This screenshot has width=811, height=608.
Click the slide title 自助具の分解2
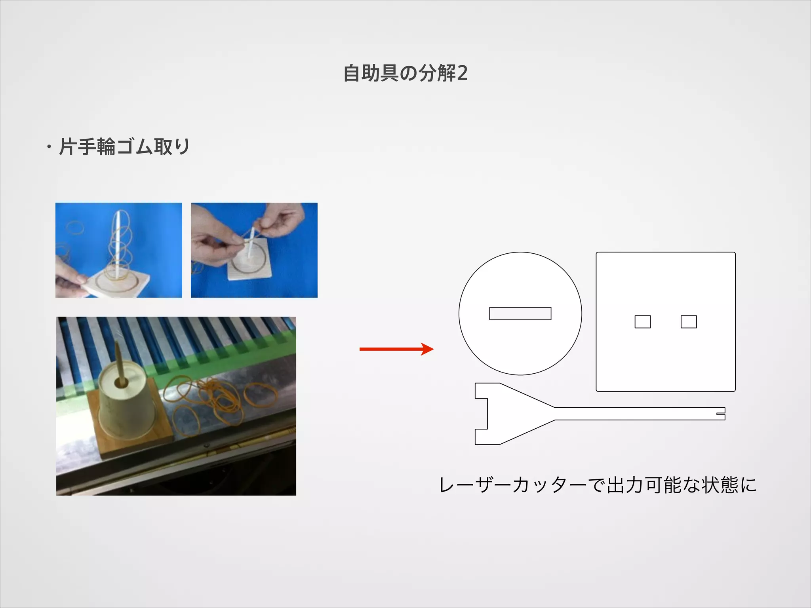click(405, 74)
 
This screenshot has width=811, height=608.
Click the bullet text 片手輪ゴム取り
click(124, 147)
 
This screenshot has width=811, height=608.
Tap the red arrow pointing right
click(396, 349)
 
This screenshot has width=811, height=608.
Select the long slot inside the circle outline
click(520, 313)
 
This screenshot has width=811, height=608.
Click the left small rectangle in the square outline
click(642, 321)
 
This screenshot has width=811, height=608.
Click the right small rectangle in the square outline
click(689, 321)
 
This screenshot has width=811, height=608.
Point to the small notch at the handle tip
click(721, 414)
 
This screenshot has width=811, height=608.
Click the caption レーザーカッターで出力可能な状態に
click(598, 485)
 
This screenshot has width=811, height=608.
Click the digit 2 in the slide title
click(462, 74)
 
